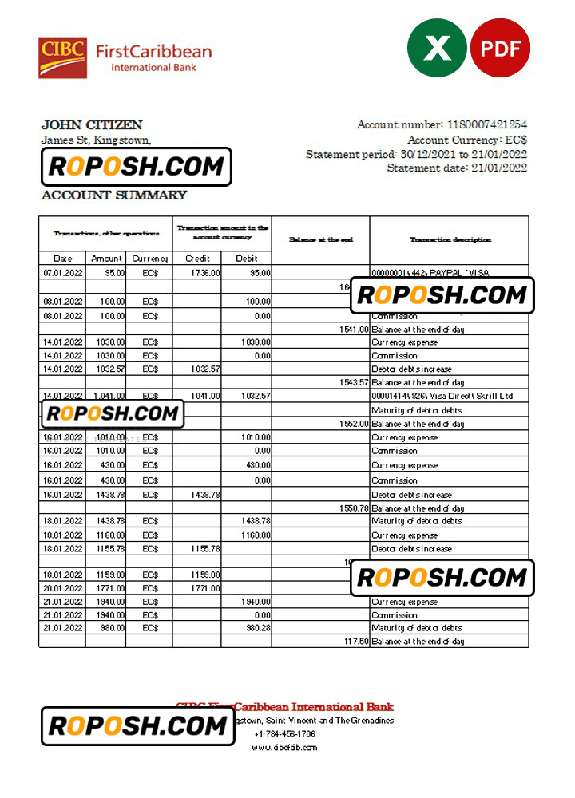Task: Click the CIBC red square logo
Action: pyautogui.click(x=62, y=57)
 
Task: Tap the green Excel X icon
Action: pyautogui.click(x=437, y=48)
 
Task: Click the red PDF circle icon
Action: pyautogui.click(x=500, y=48)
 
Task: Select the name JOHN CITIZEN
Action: pyautogui.click(x=92, y=124)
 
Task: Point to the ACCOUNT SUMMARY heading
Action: pyautogui.click(x=113, y=195)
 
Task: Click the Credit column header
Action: pyautogui.click(x=197, y=259)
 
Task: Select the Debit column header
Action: pyautogui.click(x=247, y=259)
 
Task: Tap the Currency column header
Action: pyautogui.click(x=150, y=259)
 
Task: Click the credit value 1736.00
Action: pyautogui.click(x=205, y=273)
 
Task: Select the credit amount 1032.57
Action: pyautogui.click(x=204, y=369)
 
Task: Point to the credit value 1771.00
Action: pyautogui.click(x=205, y=588)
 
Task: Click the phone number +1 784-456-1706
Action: pyautogui.click(x=285, y=734)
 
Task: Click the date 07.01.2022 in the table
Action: pyautogui.click(x=62, y=273)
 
